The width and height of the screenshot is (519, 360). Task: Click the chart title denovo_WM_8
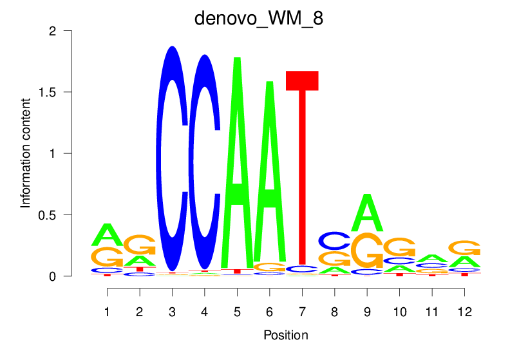tap(259, 17)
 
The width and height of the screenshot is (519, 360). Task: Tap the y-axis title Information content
tap(26, 153)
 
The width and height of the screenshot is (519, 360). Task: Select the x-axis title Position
tap(285, 336)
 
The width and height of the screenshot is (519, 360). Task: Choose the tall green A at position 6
tap(270, 174)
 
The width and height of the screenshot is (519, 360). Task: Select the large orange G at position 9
tap(366, 251)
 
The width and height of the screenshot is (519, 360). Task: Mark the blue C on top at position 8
tap(334, 241)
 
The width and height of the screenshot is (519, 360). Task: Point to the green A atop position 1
tap(108, 235)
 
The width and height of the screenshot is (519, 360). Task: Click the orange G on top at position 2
tap(140, 245)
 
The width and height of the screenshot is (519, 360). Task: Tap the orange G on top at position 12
tap(464, 248)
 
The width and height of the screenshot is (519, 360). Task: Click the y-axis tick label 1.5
tap(62, 92)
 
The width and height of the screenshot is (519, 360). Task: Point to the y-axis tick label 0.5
tap(62, 214)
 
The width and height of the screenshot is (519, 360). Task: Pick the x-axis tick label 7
tap(302, 312)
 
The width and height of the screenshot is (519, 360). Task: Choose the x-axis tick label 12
tap(464, 312)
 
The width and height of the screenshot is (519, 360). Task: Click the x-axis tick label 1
tap(107, 312)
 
